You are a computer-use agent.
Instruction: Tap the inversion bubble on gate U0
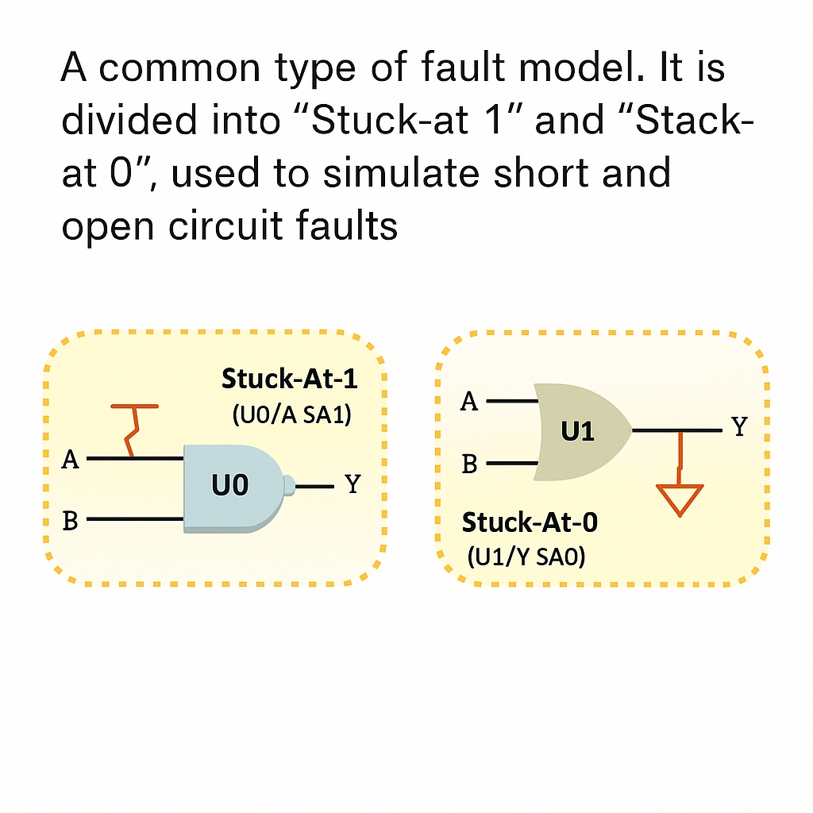click(x=289, y=484)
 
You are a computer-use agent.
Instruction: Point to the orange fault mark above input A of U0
click(x=133, y=430)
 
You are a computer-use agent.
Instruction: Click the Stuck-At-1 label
click(x=290, y=379)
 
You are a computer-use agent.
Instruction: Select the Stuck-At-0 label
click(x=530, y=522)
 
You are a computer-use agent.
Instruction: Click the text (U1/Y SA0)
click(x=525, y=558)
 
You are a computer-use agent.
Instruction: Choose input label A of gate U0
click(x=71, y=460)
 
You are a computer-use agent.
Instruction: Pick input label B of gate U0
click(x=71, y=521)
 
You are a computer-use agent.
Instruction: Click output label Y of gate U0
click(x=353, y=484)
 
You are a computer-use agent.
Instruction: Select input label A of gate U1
click(x=470, y=402)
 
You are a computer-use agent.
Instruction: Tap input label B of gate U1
click(x=470, y=464)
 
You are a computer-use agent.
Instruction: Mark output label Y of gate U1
click(x=740, y=428)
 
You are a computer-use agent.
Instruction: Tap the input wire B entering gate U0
click(x=135, y=520)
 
